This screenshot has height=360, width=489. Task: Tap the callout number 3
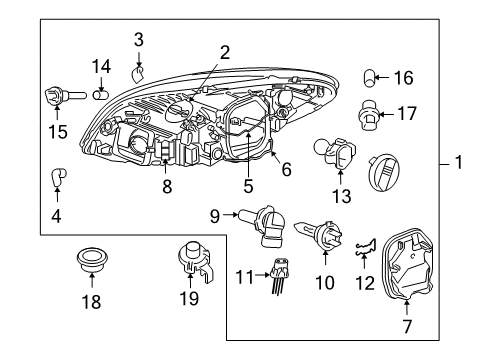139,39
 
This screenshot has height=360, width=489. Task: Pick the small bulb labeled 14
100,95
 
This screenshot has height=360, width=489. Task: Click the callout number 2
225,52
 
